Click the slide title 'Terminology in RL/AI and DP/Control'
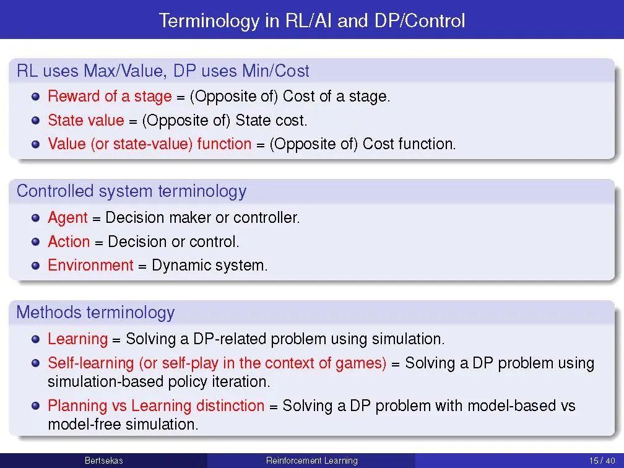point(311,21)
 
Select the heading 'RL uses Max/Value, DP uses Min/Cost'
point(163,71)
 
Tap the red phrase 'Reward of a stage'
point(110,97)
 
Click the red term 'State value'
point(85,120)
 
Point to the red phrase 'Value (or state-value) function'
point(149,144)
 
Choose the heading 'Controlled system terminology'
point(131,191)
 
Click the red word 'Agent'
point(67,218)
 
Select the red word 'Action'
point(69,241)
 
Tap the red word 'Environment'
point(90,266)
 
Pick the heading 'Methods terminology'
point(95,312)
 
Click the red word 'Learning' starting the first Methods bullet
point(77,339)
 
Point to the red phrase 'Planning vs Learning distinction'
point(156,406)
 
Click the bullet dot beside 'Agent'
point(36,218)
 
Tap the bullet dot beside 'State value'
point(36,120)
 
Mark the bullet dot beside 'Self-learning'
point(36,363)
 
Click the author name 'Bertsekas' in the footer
point(103,461)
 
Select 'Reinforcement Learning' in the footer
point(311,461)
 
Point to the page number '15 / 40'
point(602,461)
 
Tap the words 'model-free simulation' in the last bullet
point(122,425)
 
